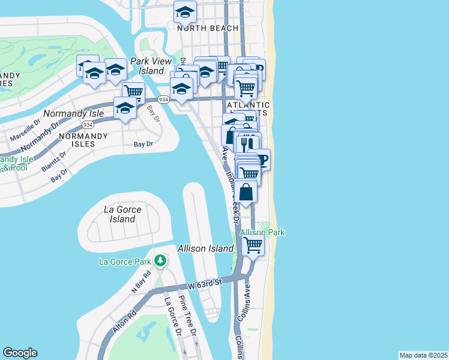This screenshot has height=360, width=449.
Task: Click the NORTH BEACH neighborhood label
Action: point(208,28)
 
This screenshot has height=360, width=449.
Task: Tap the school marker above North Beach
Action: point(185,12)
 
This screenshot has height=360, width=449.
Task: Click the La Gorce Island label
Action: point(122,214)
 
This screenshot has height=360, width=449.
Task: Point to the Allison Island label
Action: point(205,248)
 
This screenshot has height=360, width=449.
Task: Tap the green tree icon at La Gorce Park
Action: point(160,260)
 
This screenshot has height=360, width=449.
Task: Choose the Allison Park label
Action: point(262,232)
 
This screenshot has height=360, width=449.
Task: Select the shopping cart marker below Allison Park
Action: point(253,245)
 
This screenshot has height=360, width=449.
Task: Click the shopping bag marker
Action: point(246,193)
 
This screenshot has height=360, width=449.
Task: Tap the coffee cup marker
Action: point(262,159)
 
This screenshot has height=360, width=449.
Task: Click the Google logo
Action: point(20,353)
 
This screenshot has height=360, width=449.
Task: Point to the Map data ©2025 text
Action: point(423,355)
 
